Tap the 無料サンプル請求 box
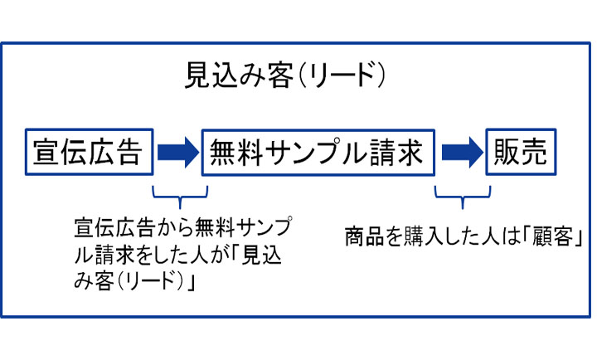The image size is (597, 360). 318,152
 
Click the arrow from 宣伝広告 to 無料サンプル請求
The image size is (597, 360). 177,152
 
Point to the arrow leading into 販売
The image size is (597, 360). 461,152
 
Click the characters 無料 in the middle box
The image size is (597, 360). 236,152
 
